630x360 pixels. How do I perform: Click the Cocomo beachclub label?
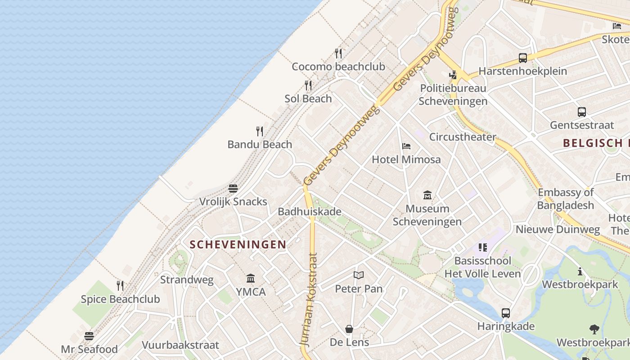[x=338, y=67]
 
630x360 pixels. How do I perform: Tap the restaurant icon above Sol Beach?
[x=308, y=85]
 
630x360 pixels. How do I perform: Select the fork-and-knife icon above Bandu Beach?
[x=260, y=131]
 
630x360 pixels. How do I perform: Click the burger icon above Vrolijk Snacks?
[x=233, y=188]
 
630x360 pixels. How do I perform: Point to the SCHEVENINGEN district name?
[x=238, y=244]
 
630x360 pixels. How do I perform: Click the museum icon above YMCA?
[x=251, y=279]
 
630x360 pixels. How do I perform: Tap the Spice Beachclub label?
[x=120, y=299]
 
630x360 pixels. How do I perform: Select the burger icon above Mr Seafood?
[x=89, y=336]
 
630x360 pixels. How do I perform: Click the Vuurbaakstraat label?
[x=180, y=345]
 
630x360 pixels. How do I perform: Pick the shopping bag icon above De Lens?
[x=349, y=329]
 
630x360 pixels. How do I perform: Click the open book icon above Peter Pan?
[x=359, y=275]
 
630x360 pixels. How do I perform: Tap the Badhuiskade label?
[x=309, y=211]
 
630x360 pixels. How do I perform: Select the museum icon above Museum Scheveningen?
[x=427, y=195]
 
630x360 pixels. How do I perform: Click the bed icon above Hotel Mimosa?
[x=406, y=146]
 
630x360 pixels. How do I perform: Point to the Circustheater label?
[x=463, y=137]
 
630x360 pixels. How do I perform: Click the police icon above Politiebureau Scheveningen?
[x=453, y=75]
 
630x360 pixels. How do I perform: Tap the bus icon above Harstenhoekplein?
[x=522, y=58]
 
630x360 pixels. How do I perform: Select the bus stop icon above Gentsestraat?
[x=582, y=112]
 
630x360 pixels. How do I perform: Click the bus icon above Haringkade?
[x=506, y=313]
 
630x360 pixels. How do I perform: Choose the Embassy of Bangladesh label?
[x=566, y=199]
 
